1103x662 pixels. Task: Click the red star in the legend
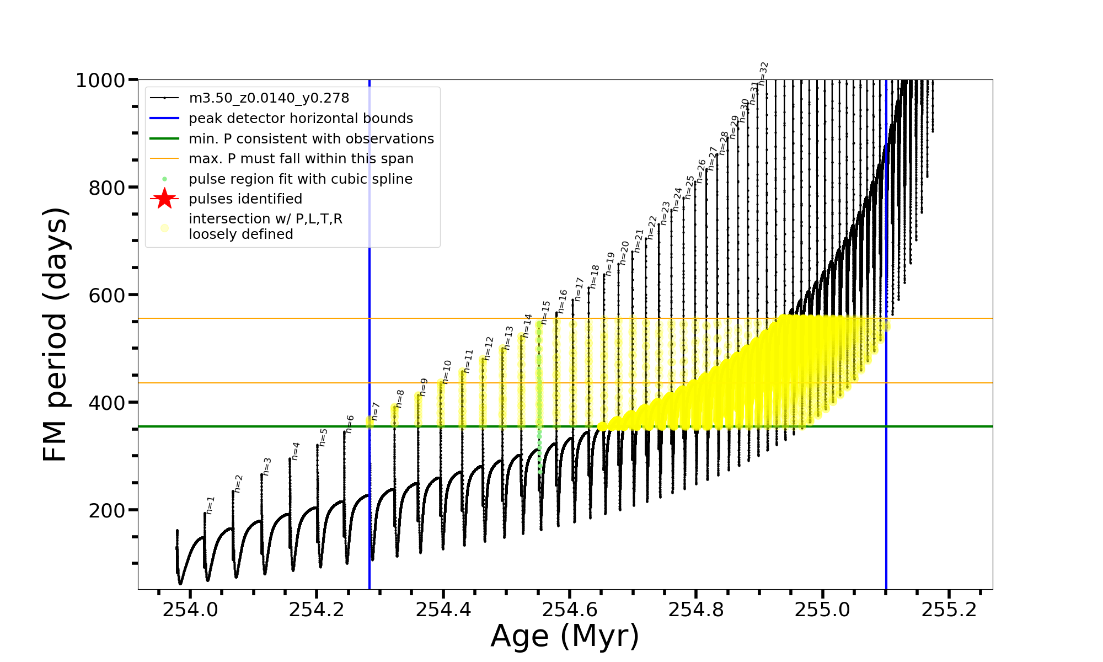[x=164, y=199]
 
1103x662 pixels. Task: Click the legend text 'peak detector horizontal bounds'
[x=301, y=119]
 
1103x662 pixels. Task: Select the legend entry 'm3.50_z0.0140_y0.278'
[x=269, y=98]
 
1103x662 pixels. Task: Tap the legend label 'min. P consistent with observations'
[x=311, y=138]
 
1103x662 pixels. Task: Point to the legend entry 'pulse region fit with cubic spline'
[x=300, y=179]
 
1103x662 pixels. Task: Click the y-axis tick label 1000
[x=100, y=81]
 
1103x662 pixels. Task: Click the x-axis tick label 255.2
[x=949, y=610]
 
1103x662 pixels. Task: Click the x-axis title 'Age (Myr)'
[x=565, y=636]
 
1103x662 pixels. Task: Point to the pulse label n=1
[x=210, y=505]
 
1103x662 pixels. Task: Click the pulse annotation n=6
[x=350, y=424]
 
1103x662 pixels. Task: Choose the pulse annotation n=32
[x=763, y=73]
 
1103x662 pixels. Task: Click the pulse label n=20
[x=624, y=253]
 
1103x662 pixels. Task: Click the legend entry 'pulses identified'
[x=245, y=199]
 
